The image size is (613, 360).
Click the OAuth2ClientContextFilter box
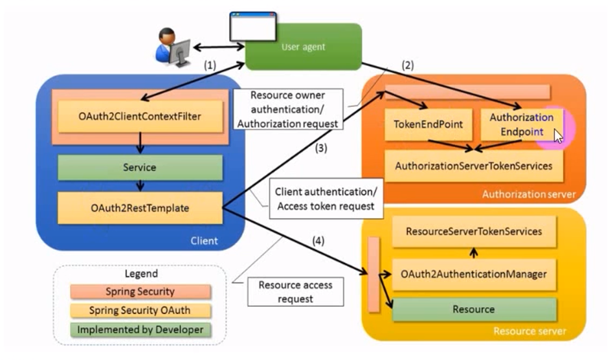coord(140,117)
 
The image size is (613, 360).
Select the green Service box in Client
coord(140,167)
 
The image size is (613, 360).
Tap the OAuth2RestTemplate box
coord(140,208)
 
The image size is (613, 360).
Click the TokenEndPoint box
coord(424,124)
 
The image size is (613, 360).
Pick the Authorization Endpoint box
coord(521,124)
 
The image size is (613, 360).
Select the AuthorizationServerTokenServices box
coord(474,166)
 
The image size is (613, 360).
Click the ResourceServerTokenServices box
coord(474,231)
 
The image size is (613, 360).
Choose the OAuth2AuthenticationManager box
coord(474,274)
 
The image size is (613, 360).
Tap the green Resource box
coord(474,309)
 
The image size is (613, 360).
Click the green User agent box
coord(303,47)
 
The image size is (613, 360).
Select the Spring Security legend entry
coord(140,292)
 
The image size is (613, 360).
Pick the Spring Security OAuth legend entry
coord(140,311)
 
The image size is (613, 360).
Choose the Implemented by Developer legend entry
coord(140,330)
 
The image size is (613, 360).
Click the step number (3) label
coord(321,148)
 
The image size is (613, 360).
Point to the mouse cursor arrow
coord(557,135)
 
